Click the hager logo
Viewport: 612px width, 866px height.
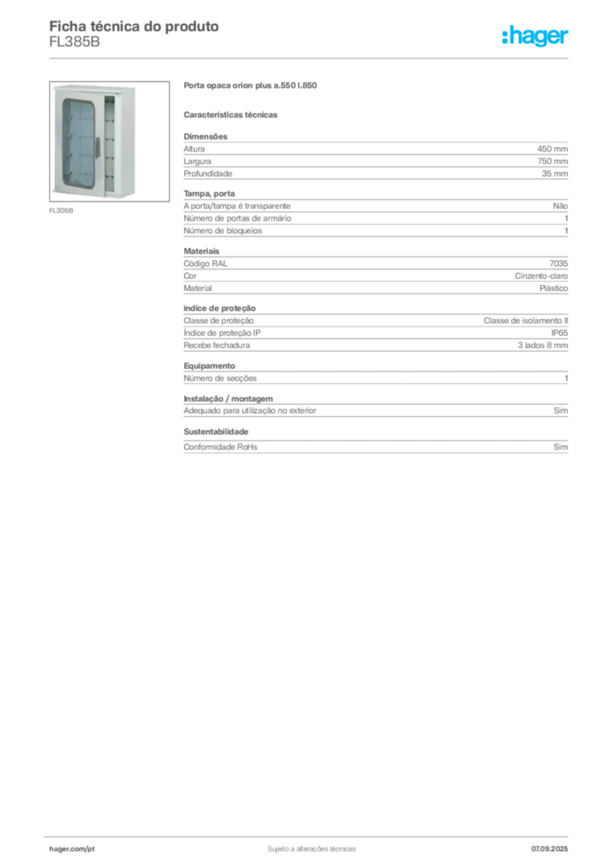[x=535, y=36]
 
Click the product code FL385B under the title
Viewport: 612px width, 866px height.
[x=74, y=42]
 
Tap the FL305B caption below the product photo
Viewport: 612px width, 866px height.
[x=61, y=211]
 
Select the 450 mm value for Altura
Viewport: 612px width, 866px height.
[x=552, y=149]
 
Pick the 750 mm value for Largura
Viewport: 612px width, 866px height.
[x=552, y=162]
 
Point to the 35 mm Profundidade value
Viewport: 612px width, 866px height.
[x=555, y=173]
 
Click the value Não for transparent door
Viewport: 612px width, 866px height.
[x=560, y=206]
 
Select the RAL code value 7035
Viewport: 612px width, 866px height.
[x=559, y=264]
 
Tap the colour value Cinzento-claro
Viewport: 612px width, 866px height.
[x=541, y=276]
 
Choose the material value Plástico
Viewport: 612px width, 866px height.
[x=554, y=288]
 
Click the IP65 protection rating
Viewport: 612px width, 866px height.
[x=559, y=333]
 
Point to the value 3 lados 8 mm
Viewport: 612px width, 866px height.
[x=543, y=345]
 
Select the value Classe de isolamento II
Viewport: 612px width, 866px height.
[x=526, y=321]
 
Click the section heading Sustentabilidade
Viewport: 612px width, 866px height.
[x=216, y=431]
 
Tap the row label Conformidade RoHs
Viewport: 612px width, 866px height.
[x=220, y=447]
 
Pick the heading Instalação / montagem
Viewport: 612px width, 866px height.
[x=228, y=399]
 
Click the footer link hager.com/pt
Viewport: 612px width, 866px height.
[x=72, y=849]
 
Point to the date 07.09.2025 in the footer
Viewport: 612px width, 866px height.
[x=549, y=849]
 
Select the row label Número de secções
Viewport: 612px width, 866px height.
[x=220, y=378]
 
